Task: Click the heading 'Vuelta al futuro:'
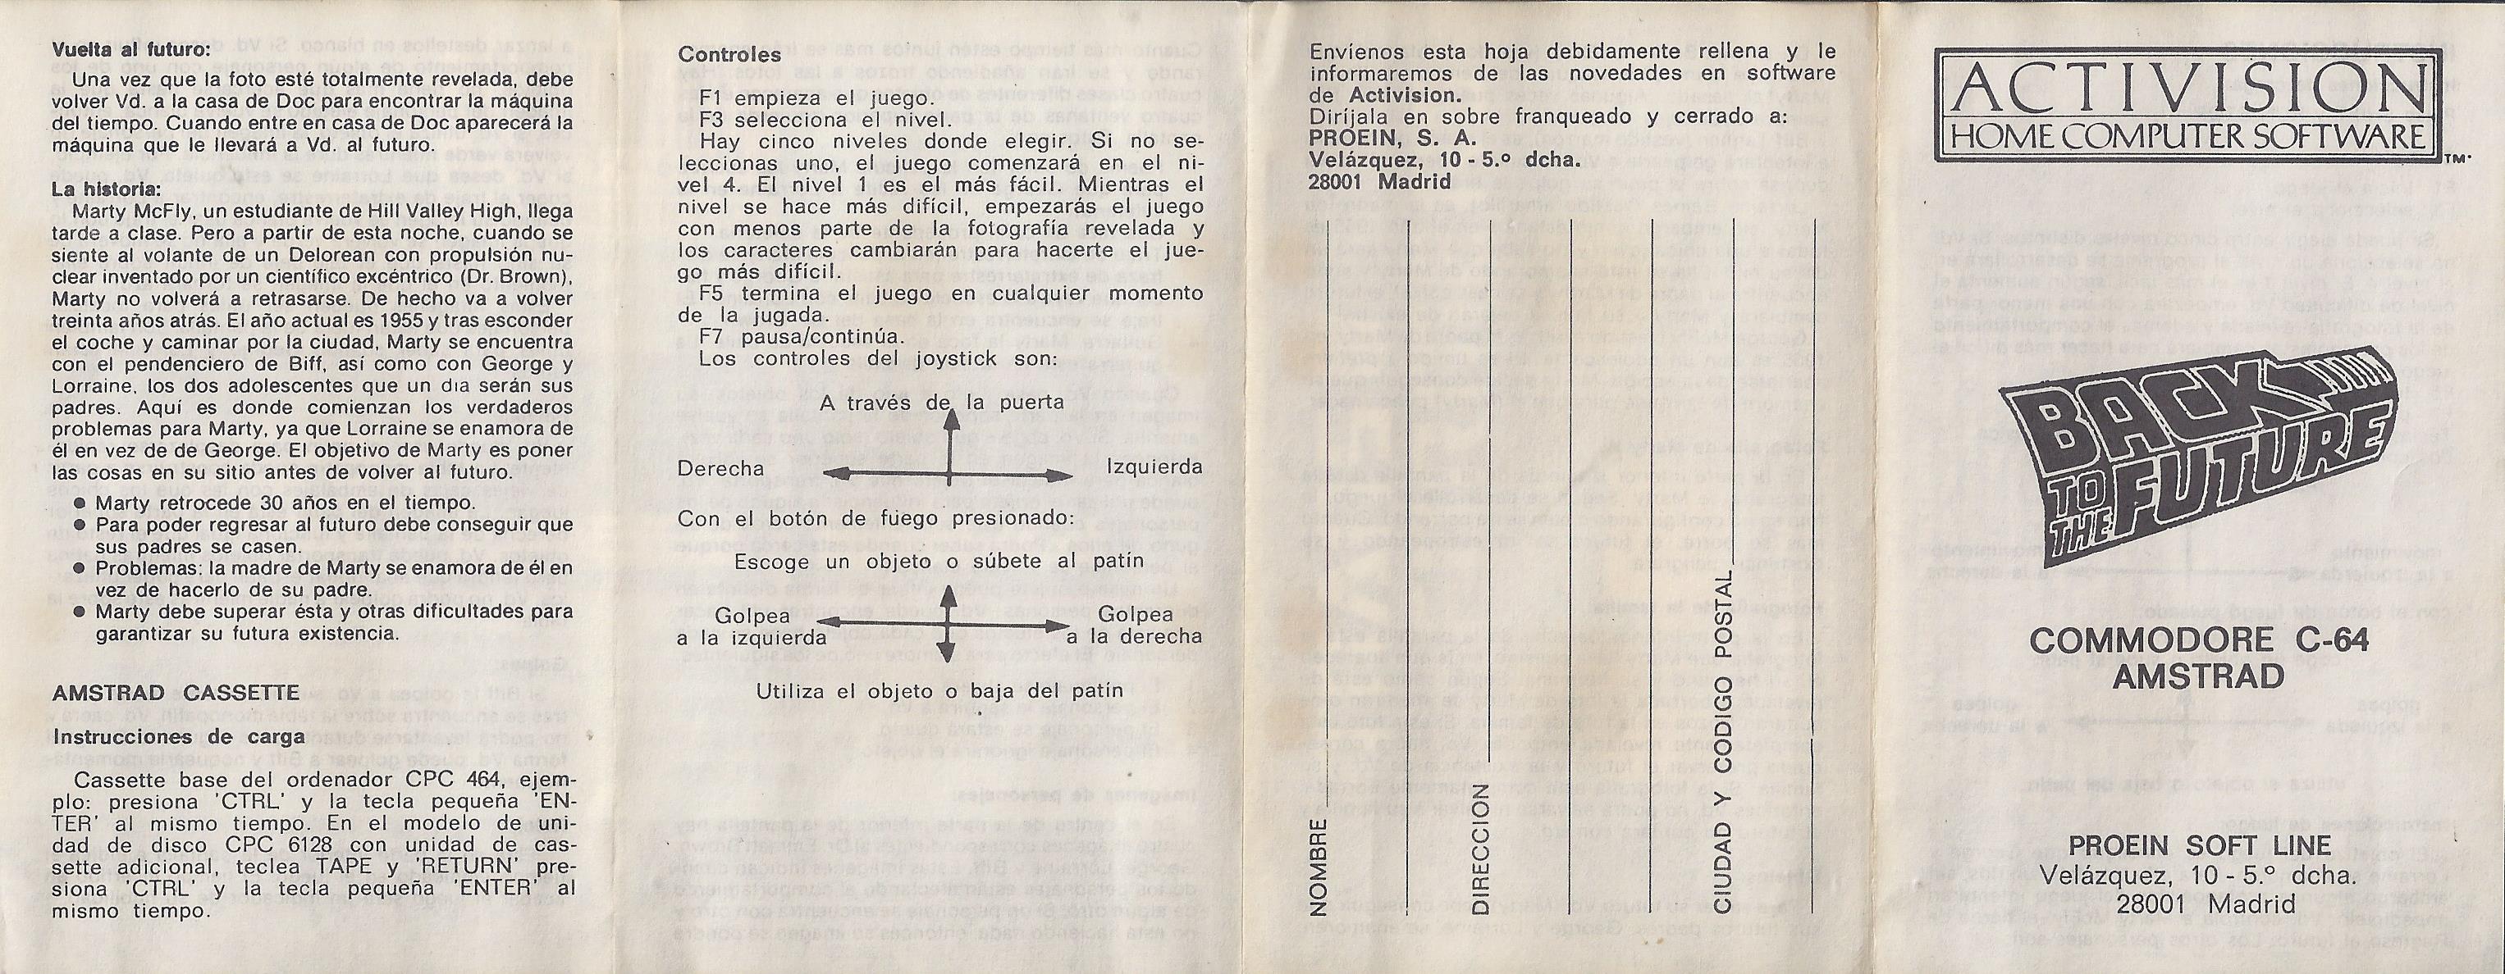pos(130,51)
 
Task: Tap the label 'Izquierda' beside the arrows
pos(1154,467)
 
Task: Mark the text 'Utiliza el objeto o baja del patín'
pos(939,690)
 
